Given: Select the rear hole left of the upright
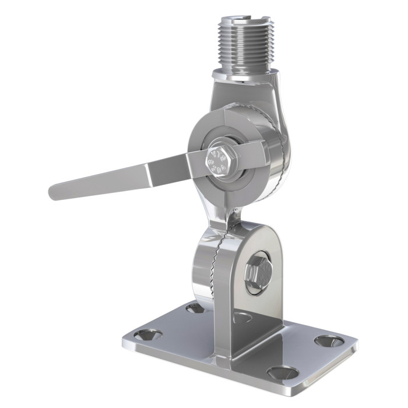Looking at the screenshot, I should [x=195, y=308].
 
